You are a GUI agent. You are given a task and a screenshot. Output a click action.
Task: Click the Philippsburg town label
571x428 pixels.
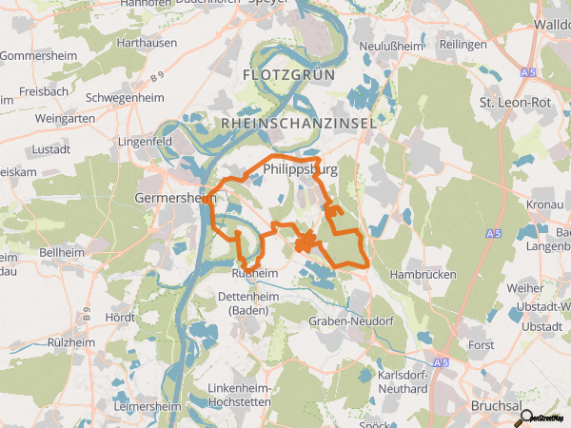[300, 170]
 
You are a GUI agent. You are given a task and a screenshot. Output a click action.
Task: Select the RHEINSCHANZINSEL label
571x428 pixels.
[299, 124]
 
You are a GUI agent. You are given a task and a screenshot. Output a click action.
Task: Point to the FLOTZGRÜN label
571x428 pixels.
[285, 73]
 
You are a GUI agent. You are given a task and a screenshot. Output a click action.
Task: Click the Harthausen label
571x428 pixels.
[146, 44]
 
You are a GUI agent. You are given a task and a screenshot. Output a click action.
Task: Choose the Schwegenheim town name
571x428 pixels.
[126, 98]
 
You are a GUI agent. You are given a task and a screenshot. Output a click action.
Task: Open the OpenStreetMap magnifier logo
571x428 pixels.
[525, 416]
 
